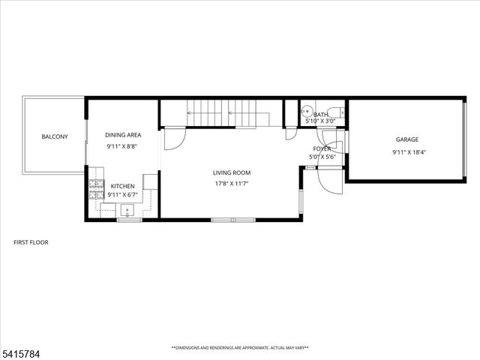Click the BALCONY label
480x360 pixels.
[x=55, y=136]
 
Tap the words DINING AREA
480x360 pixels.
[x=123, y=135]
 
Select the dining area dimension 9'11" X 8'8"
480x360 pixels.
[x=123, y=146]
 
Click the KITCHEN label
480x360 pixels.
[x=123, y=185]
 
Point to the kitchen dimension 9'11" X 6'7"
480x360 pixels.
[x=123, y=195]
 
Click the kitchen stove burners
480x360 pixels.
[x=96, y=189]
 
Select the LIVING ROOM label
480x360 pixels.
[x=232, y=172]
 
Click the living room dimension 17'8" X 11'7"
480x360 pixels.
[x=232, y=183]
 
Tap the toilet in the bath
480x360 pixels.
[x=335, y=113]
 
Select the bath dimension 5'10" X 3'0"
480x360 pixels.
[x=321, y=121]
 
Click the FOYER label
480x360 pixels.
[x=322, y=148]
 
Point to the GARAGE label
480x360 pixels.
[x=407, y=139]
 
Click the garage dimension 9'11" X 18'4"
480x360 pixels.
[x=407, y=152]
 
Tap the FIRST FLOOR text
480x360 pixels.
[x=31, y=242]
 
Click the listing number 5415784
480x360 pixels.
[x=18, y=351]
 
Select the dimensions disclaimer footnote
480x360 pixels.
[x=240, y=347]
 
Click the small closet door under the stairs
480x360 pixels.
[x=291, y=133]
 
